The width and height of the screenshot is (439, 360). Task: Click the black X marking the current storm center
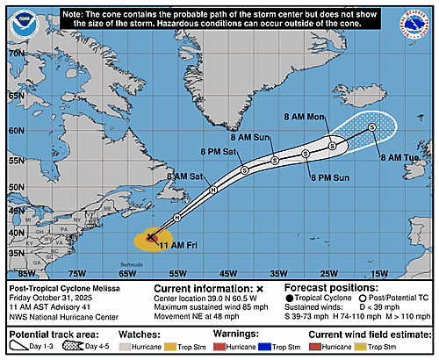(x=151, y=237)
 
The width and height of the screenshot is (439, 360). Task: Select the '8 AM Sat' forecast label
(x=184, y=176)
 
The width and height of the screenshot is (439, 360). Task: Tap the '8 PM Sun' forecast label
(x=330, y=177)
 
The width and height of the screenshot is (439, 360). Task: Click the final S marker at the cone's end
(x=372, y=127)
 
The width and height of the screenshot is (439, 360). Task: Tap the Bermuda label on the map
(x=129, y=263)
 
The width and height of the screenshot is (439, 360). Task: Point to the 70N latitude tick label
(x=14, y=54)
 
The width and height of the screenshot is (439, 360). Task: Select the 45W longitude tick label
(x=227, y=273)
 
